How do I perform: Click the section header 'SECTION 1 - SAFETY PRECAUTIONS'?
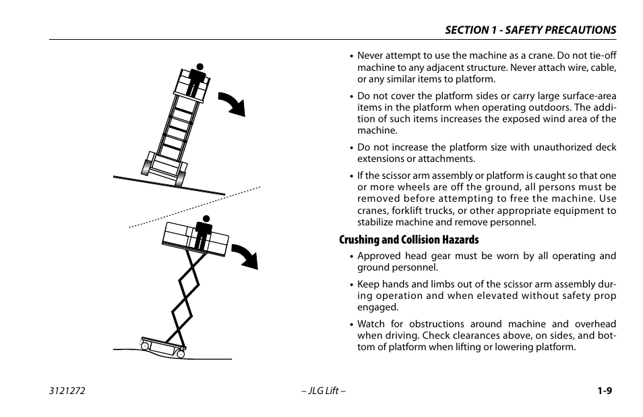point(530,30)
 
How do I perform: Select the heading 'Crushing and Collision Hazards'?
point(408,240)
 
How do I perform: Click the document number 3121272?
point(66,391)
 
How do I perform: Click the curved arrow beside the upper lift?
point(233,103)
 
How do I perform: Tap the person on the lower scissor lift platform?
point(203,233)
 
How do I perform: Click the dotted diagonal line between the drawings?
point(195,206)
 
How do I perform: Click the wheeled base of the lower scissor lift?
point(162,346)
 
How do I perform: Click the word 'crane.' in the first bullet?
point(530,56)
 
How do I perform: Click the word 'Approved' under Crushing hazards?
point(379,256)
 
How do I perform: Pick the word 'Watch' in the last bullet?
point(371,324)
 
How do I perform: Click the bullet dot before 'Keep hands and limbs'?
point(352,285)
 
